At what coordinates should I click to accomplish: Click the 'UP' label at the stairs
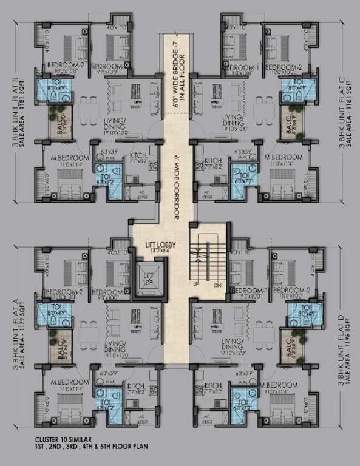click(195, 284)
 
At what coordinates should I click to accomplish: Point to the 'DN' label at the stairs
click(216, 284)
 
